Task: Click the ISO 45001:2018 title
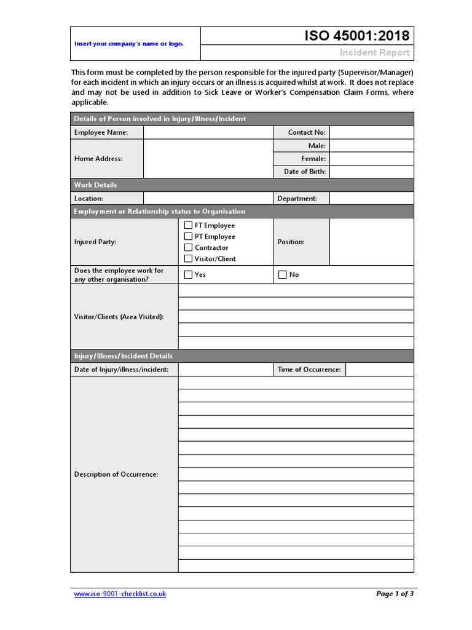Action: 357,36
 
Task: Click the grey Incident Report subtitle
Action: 374,53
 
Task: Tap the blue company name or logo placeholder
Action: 128,44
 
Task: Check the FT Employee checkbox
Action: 189,225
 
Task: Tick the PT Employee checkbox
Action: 189,236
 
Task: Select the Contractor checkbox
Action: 189,247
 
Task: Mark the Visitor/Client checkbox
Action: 189,258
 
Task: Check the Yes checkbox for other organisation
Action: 189,274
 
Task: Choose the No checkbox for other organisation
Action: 283,274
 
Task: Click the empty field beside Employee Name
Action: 208,132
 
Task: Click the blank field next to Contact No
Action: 371,132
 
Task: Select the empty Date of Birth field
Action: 371,172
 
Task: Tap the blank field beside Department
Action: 371,199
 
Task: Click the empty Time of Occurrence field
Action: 379,369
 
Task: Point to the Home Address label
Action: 98,159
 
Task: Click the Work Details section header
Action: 95,185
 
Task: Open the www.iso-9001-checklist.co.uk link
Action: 120,594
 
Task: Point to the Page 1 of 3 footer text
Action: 395,594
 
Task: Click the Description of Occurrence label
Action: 116,474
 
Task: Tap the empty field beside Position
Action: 371,242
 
